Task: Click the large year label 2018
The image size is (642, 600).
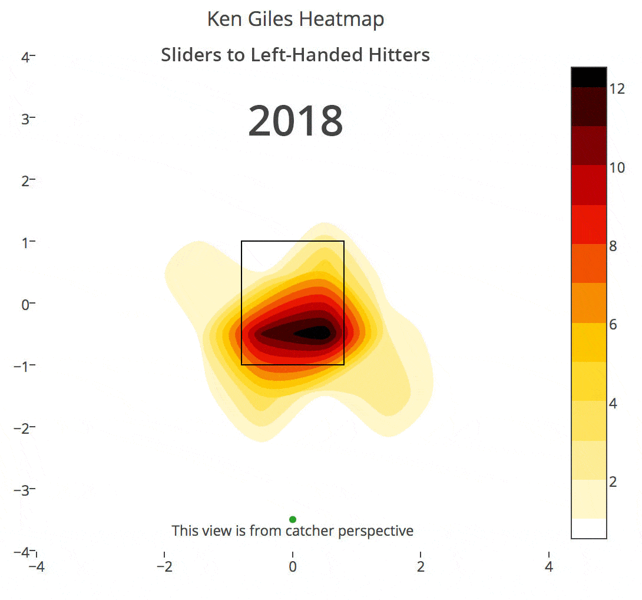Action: tap(296, 121)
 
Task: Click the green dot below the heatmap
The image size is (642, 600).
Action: tap(293, 519)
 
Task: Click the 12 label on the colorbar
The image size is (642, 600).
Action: tap(617, 89)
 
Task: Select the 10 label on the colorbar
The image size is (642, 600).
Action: tap(617, 167)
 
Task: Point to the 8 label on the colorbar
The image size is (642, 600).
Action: tap(613, 246)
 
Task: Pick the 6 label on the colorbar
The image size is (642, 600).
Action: tap(613, 325)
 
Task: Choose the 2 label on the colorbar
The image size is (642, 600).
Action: tap(613, 482)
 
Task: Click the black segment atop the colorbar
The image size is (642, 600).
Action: tap(588, 77)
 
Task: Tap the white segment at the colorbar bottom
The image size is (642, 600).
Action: tap(588, 528)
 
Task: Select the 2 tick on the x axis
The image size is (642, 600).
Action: tap(421, 567)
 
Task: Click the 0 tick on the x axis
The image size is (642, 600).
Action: tap(293, 567)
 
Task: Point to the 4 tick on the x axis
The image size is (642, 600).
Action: tap(549, 567)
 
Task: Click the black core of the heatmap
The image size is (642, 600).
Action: tap(312, 333)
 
